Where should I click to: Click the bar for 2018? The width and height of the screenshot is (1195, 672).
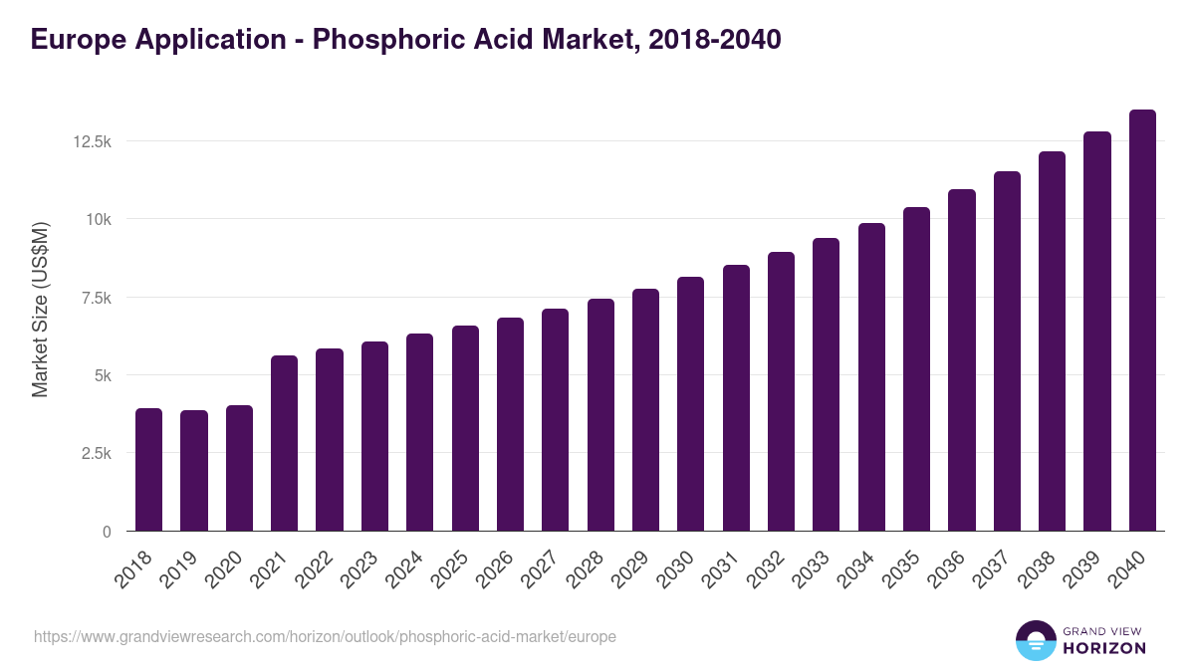148,470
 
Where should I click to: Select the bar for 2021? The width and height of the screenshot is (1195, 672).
284,444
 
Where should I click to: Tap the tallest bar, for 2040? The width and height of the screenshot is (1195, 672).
1142,321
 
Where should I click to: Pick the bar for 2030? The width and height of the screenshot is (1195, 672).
690,404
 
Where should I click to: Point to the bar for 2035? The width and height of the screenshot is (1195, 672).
916,369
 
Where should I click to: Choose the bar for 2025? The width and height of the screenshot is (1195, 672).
465,429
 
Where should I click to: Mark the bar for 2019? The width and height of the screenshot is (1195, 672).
194,471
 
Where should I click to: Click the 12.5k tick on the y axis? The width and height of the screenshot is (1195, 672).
92,141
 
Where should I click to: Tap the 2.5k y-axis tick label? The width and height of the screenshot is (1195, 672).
95,453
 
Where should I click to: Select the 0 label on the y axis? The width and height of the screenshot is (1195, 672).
106,532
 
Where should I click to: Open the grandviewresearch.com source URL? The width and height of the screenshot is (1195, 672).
325,636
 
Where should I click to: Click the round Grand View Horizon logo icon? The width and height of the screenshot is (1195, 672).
1035,640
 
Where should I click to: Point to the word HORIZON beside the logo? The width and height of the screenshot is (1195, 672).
1104,648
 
